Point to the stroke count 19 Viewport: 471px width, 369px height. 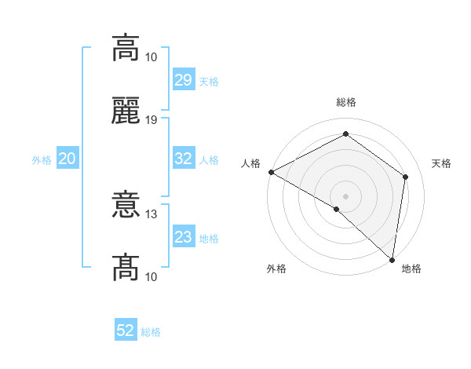coord(152,119)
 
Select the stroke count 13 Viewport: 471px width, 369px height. coord(152,214)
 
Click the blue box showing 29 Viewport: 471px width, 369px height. coord(183,80)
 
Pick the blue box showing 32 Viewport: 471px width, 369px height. coord(183,159)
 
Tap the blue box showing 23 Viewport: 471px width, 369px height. coord(183,237)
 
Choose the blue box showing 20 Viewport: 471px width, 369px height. coord(67,159)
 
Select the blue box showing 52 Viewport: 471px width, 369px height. coord(126,331)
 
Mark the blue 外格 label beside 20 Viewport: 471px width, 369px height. coord(42,159)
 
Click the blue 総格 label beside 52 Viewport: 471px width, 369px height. coord(151,331)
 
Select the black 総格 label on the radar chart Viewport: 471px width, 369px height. coord(345,102)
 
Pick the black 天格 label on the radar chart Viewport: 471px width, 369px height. coord(441,163)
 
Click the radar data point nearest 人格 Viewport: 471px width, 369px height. coord(270,172)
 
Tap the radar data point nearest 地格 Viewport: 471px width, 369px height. coord(392,259)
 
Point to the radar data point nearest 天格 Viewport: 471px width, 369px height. coord(406,177)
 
